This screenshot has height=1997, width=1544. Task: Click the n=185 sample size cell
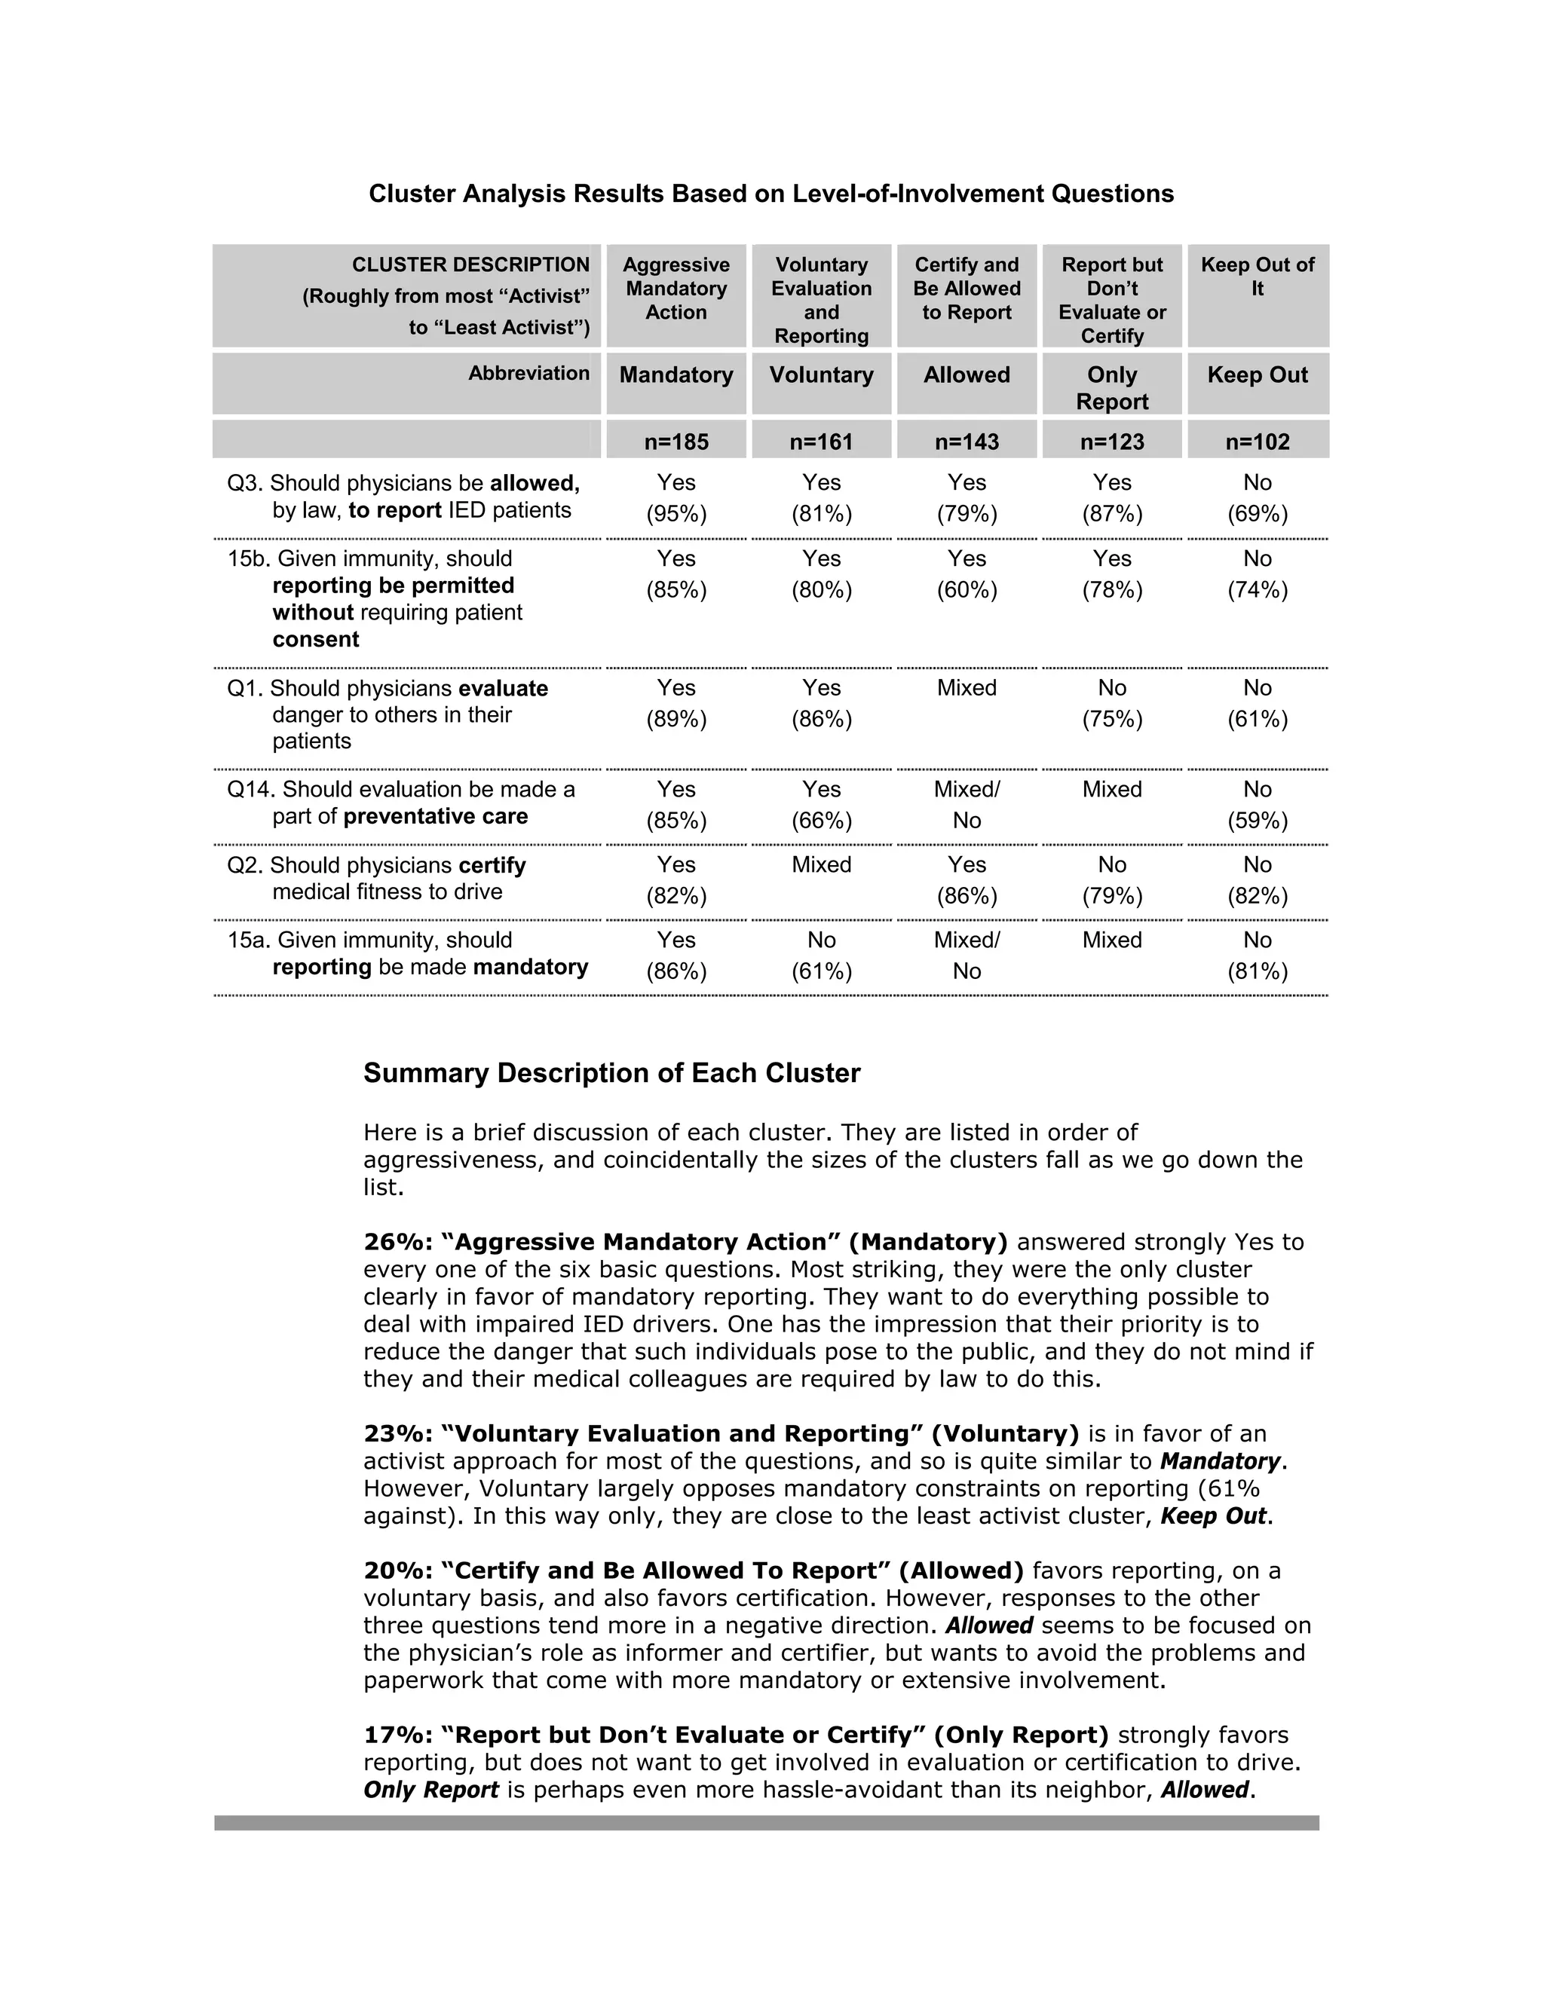coord(676,442)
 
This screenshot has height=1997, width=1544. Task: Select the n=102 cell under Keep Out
coord(1257,442)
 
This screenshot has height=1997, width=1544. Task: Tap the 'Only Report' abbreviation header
coord(1111,387)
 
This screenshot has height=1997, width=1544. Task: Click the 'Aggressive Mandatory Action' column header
coord(676,288)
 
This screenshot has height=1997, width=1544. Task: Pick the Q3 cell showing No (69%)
coord(1257,497)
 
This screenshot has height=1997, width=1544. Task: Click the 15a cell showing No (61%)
coord(822,955)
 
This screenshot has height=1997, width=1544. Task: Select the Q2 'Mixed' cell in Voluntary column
coord(822,864)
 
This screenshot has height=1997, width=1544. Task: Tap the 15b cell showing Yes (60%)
coord(966,573)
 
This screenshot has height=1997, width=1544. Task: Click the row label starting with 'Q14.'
coord(400,802)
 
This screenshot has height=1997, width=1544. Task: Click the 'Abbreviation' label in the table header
coord(528,373)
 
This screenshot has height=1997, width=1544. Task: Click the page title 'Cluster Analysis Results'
coord(770,194)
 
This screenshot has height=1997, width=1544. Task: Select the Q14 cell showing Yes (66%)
coord(822,804)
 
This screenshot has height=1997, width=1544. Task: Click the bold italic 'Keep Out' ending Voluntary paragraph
coord(1212,1515)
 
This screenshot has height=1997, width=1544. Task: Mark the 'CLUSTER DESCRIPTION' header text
coord(470,265)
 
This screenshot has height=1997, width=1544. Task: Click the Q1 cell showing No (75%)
coord(1111,703)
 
